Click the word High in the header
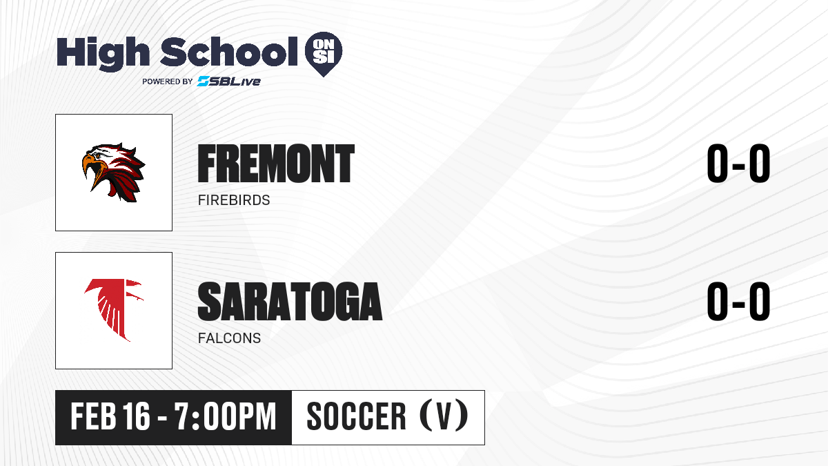pos(103,54)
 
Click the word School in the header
pos(229,52)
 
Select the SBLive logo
pos(229,81)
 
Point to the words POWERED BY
pos(168,81)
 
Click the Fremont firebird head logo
pos(113,173)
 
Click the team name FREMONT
pos(276,164)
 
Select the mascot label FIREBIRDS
pos(234,200)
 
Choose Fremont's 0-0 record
pos(738,164)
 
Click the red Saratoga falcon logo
pos(114,310)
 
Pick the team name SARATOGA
pos(290,302)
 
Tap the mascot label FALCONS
pos(230,338)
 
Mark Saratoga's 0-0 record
pos(738,302)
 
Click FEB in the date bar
pos(93,416)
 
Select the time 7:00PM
pos(226,416)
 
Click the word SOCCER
pos(356,416)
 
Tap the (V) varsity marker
pos(444,416)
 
